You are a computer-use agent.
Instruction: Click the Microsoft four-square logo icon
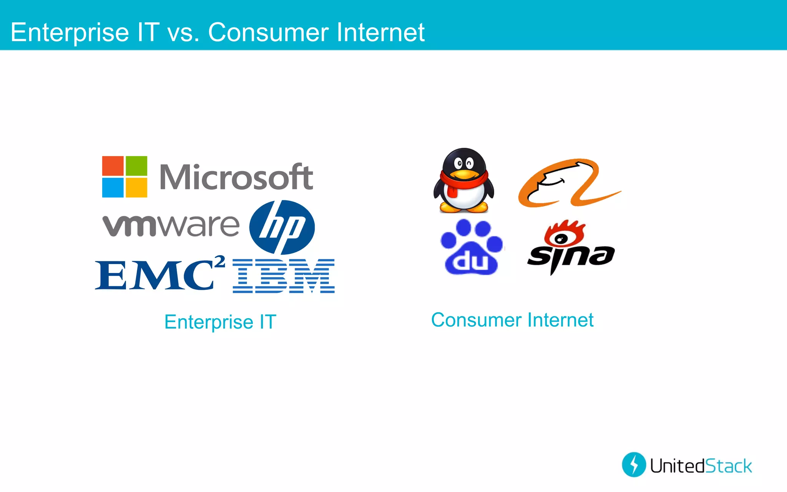(125, 177)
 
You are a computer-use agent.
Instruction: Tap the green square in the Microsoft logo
(136, 166)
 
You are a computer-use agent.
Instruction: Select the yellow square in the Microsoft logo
(136, 188)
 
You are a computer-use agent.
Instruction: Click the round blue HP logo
(282, 227)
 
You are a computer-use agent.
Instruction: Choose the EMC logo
(154, 275)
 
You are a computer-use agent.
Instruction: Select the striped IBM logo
(284, 276)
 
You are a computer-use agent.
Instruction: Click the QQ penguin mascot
(464, 181)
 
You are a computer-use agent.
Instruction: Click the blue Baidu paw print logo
(472, 247)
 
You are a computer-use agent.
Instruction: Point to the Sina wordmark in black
(571, 257)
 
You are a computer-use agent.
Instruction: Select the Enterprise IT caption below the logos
(220, 322)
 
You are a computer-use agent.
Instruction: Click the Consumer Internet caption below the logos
(512, 320)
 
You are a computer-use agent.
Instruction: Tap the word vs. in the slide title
(183, 32)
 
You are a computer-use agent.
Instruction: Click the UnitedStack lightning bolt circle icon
(634, 465)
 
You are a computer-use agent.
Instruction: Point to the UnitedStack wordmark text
(701, 466)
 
